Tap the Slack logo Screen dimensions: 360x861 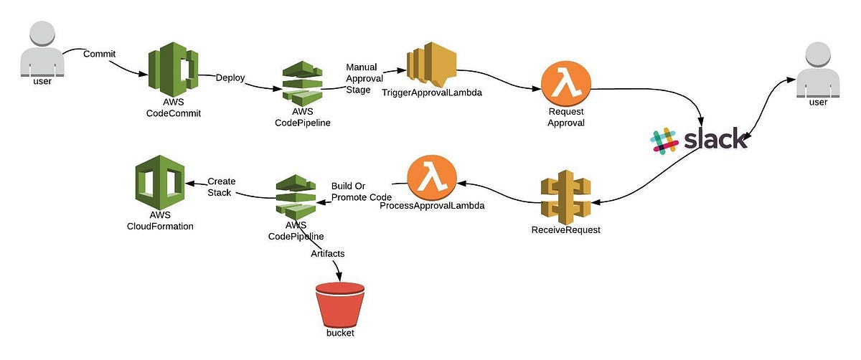[x=699, y=139]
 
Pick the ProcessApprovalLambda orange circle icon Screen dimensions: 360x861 [x=430, y=180]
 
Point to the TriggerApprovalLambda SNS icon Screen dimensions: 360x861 [x=430, y=68]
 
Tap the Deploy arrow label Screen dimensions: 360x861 [x=230, y=77]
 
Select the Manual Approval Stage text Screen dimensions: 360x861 [x=362, y=79]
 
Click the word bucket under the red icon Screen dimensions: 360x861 [x=339, y=333]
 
